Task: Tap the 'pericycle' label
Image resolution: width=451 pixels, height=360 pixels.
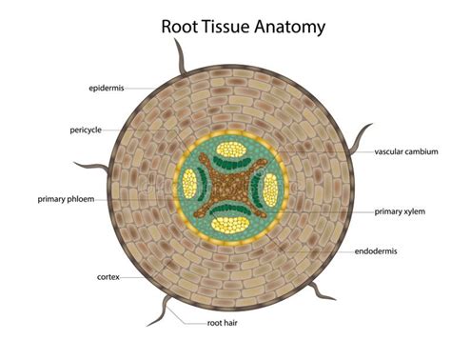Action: point(88,130)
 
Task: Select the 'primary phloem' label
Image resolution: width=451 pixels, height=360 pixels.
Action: point(66,199)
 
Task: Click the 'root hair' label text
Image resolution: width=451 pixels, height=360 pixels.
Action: point(226,324)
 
